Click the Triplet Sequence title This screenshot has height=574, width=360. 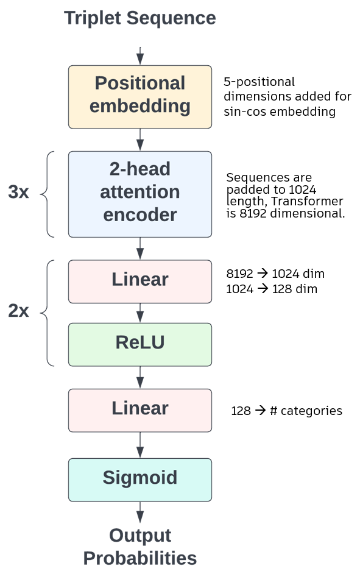coord(139,18)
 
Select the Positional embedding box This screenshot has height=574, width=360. coord(139,97)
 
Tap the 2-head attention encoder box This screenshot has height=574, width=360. coord(139,194)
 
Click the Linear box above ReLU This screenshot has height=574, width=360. coord(139,282)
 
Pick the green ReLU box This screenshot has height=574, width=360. coord(139,344)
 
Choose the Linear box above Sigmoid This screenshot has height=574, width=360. coord(139,410)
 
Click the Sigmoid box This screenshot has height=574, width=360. coord(139,480)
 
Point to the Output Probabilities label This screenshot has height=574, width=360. coord(139,547)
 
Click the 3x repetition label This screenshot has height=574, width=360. coord(18,192)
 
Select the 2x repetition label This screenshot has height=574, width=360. coord(18,311)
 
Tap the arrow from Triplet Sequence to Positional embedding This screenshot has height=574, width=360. coord(139,56)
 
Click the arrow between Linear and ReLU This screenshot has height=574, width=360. coord(139,313)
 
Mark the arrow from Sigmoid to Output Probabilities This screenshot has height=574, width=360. coord(139,512)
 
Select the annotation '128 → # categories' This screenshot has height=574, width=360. coord(286,411)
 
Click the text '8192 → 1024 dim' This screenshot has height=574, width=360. coord(275,274)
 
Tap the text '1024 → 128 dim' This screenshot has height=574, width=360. coord(272,289)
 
